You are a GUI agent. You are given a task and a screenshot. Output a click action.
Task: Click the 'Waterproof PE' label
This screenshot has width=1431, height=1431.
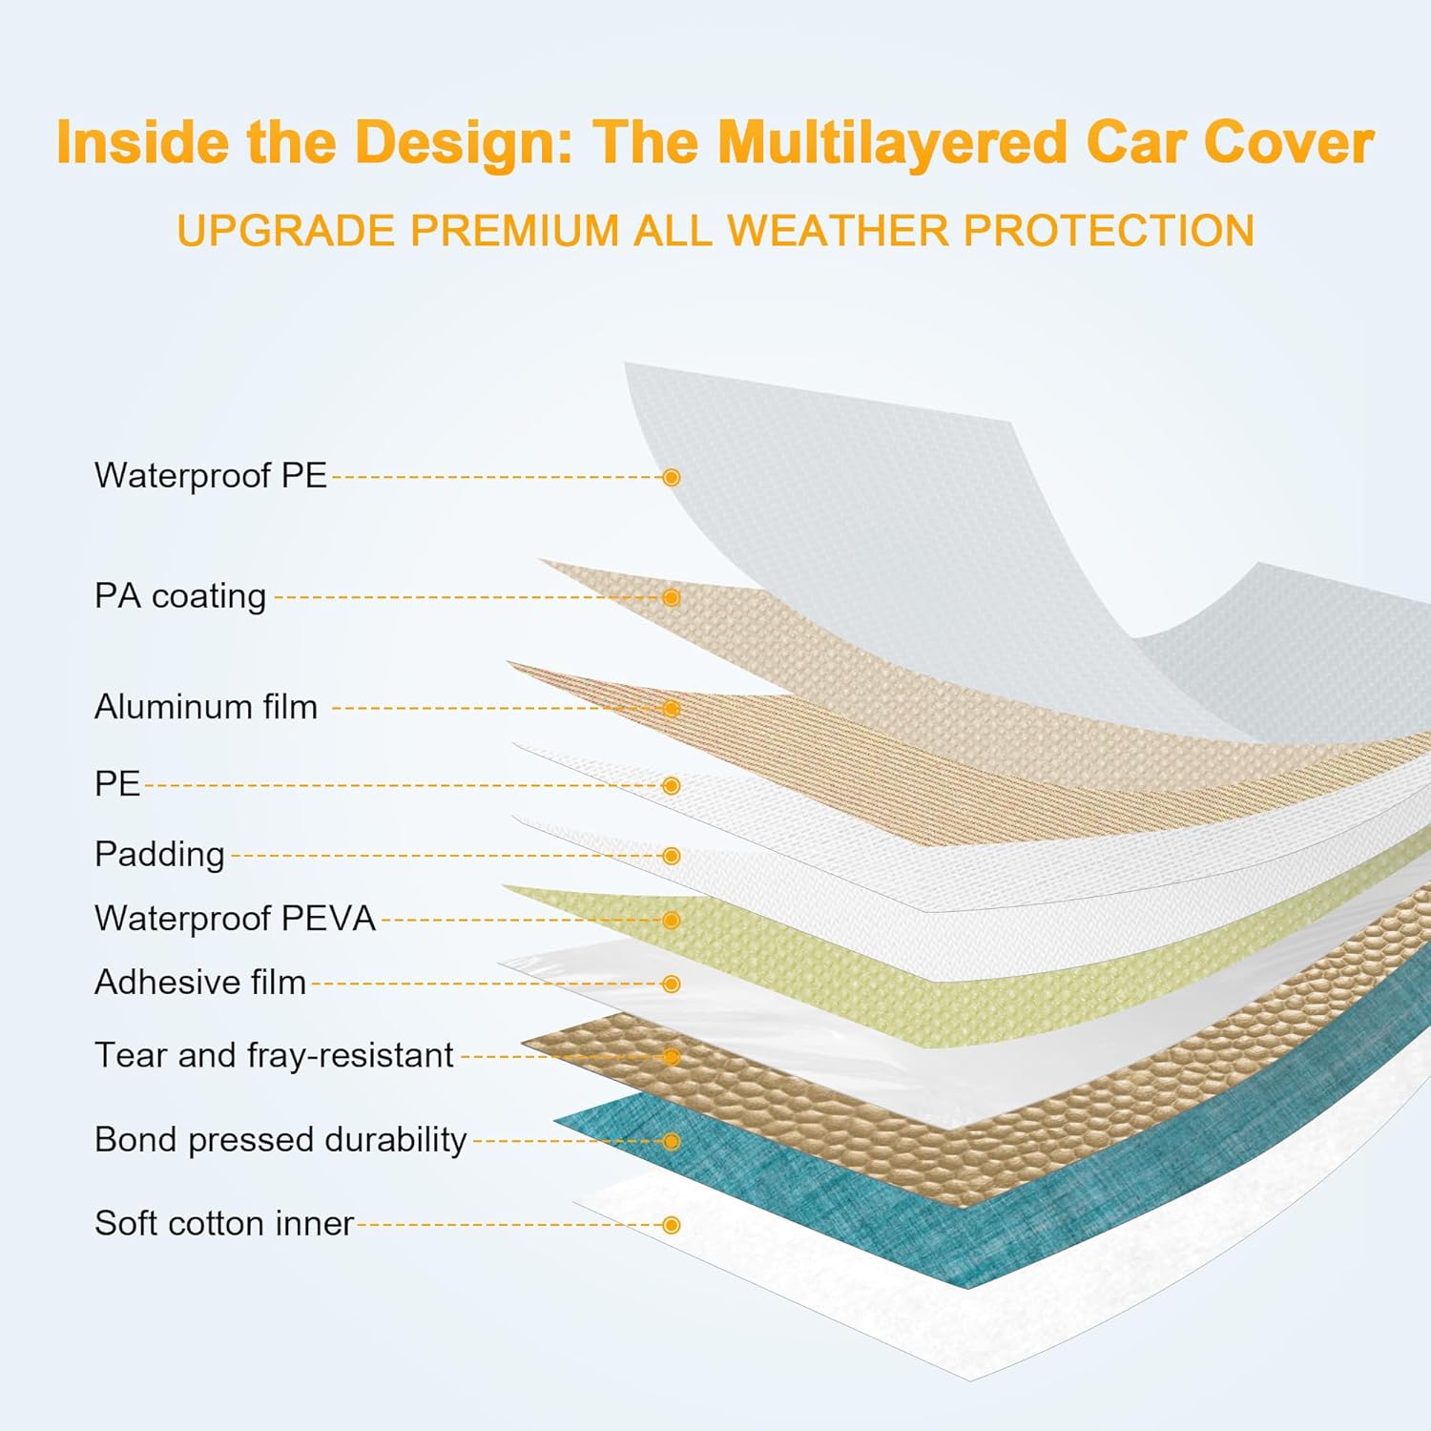[x=210, y=475]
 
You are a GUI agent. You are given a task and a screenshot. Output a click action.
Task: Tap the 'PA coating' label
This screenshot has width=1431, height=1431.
[x=180, y=596]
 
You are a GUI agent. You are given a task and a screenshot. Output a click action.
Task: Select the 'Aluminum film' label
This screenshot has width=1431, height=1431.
[x=205, y=707]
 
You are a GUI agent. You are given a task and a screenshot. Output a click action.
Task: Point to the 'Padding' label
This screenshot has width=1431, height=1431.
[x=159, y=854]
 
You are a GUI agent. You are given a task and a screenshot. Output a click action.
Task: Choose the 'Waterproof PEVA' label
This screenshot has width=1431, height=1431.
[x=235, y=919]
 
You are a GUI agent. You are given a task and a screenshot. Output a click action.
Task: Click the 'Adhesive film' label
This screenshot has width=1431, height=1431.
[x=200, y=983]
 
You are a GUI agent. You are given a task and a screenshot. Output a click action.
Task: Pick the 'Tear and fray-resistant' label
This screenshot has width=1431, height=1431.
[x=274, y=1055]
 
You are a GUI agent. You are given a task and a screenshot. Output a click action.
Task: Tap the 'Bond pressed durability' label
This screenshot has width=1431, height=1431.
[x=280, y=1140]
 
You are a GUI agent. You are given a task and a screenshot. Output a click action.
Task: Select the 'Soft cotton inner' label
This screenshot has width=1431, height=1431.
[x=224, y=1223]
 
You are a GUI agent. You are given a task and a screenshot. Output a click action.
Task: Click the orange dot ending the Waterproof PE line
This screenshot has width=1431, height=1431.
[x=672, y=477]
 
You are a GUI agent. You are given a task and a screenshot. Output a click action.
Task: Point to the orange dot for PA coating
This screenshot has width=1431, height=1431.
[x=672, y=597]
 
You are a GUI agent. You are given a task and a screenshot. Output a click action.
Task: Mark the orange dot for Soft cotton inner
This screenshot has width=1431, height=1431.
[x=672, y=1225]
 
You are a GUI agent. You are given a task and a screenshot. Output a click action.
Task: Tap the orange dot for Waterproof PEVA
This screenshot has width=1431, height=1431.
[x=672, y=920]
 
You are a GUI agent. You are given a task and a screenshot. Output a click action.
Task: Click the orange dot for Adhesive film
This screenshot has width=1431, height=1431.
[x=672, y=984]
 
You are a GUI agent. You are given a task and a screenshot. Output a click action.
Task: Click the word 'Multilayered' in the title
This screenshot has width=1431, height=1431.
[x=892, y=143]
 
